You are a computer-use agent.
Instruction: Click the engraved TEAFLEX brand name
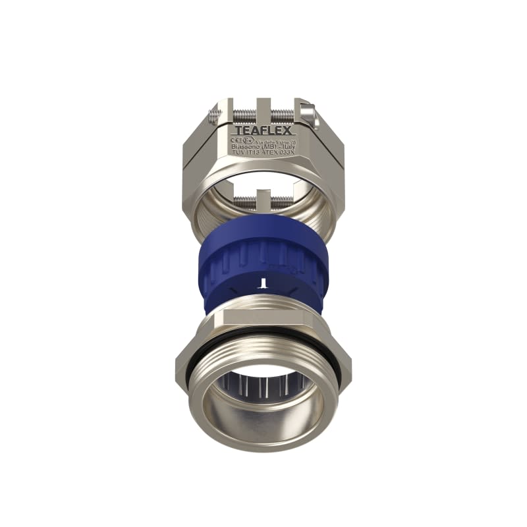pos(263,130)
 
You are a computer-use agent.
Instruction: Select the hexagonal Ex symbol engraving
pos(247,140)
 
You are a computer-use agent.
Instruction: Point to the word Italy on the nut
pos(284,146)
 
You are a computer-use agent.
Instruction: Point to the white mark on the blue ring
pos(263,283)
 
